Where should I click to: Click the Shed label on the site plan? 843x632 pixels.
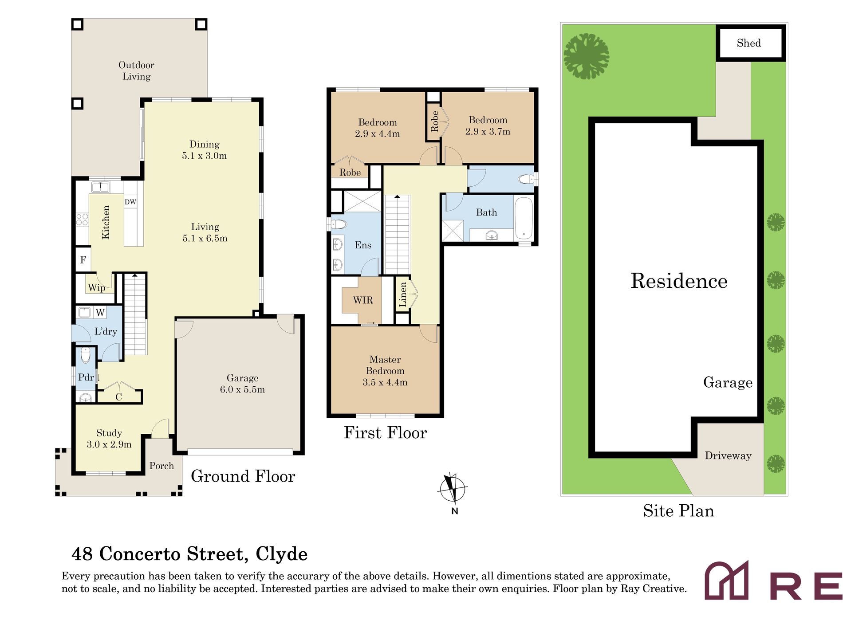(748, 43)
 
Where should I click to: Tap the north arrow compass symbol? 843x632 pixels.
(452, 489)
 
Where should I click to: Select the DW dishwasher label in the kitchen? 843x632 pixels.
(130, 202)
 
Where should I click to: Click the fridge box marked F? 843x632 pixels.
(83, 259)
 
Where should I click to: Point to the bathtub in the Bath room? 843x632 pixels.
(524, 219)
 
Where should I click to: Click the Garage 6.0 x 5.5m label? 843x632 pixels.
(242, 384)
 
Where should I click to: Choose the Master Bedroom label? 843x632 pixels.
(385, 371)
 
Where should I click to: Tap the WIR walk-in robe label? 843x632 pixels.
(363, 300)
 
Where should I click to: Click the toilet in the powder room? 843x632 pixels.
(86, 355)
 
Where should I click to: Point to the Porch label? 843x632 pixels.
(162, 466)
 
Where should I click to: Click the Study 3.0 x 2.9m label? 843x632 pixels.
(109, 439)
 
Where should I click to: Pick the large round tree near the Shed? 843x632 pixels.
(586, 56)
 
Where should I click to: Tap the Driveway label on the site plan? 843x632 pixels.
(728, 455)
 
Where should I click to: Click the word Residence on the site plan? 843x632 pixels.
(679, 281)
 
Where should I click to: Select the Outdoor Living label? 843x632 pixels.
(136, 71)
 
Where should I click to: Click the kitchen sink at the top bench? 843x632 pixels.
(100, 187)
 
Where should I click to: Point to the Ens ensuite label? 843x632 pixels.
(363, 245)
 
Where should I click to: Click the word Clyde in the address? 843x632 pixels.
(282, 554)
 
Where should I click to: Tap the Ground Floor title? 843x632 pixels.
(243, 476)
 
